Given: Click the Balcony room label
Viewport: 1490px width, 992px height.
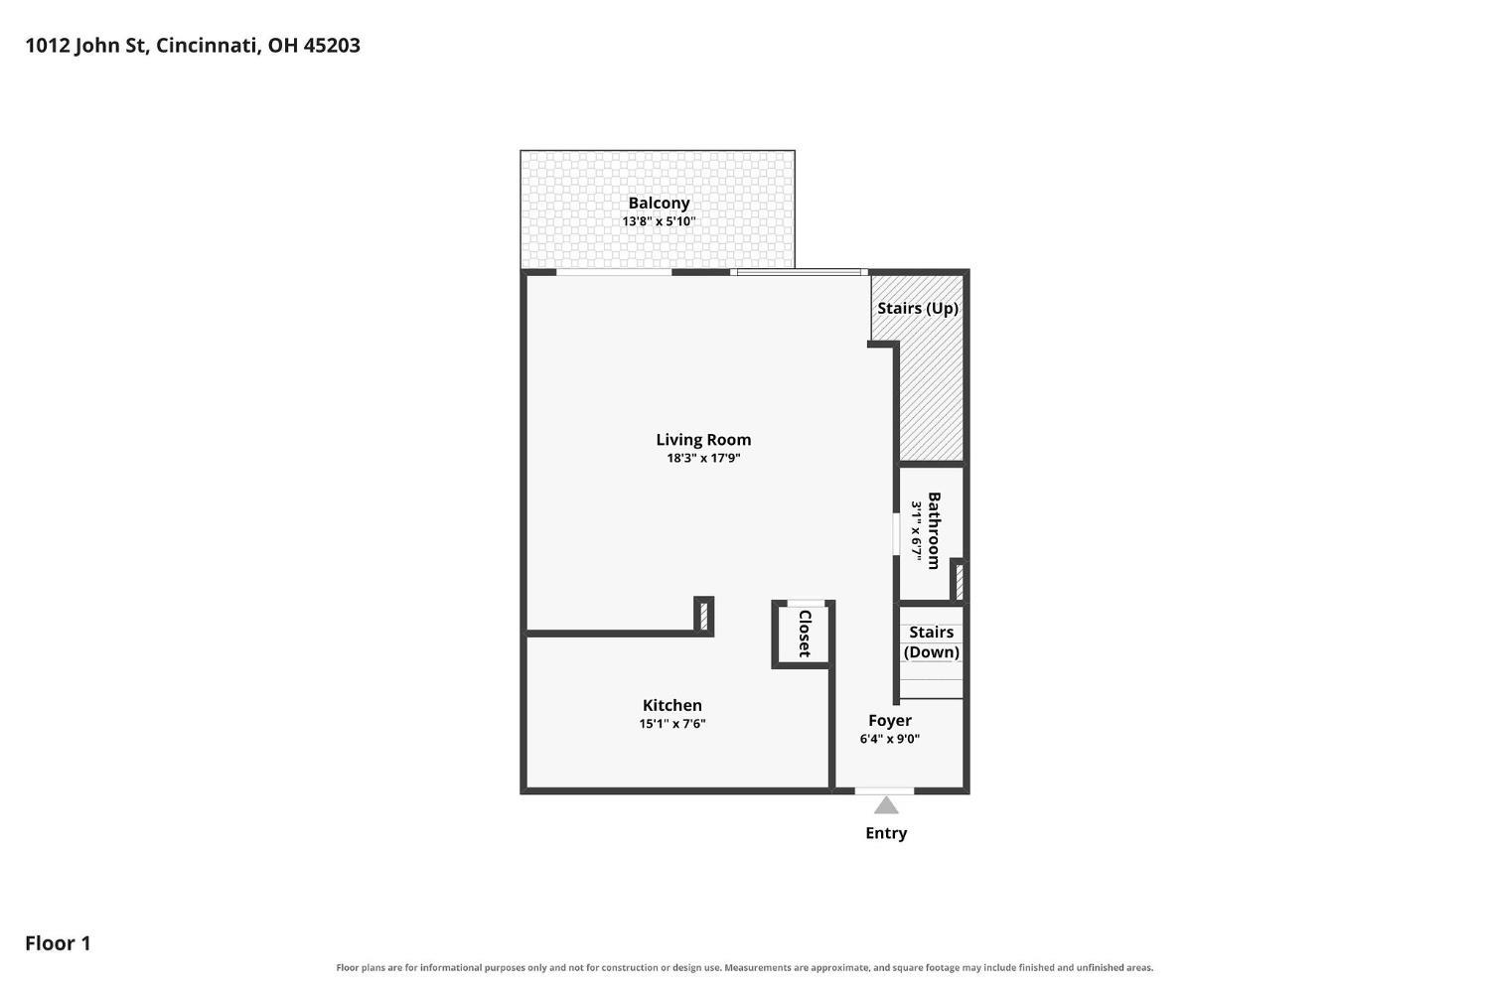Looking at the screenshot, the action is click(x=659, y=203).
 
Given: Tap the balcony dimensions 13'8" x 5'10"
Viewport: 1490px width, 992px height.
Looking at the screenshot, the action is click(x=659, y=221).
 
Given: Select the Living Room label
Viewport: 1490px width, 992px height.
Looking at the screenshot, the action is click(x=703, y=440).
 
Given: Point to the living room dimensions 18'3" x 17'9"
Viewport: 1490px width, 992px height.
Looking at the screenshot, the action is click(x=703, y=458).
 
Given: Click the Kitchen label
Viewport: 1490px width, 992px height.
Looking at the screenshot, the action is click(x=671, y=705).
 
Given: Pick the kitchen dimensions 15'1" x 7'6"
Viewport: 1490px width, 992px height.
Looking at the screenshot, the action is click(x=671, y=723).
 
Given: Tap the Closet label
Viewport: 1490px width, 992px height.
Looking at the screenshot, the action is click(x=805, y=634).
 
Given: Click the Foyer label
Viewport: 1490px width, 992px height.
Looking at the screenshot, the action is click(x=889, y=720).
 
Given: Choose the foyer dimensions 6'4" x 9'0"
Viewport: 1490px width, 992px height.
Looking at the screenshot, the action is click(x=889, y=739).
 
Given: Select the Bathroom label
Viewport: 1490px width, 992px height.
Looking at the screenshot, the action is click(x=934, y=530).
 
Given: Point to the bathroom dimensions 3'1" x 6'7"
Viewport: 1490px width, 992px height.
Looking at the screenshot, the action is click(x=916, y=530).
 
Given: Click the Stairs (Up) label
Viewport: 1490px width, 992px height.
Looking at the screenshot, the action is click(x=917, y=308).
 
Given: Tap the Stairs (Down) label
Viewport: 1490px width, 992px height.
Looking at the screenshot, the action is click(x=932, y=642).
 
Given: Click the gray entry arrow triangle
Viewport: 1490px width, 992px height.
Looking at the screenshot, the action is click(x=886, y=806).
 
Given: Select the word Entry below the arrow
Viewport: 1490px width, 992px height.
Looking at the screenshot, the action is click(x=886, y=833).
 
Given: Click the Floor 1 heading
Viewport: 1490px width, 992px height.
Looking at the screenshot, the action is click(x=58, y=942).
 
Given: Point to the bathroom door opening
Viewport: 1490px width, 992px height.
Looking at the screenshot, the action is click(x=896, y=534).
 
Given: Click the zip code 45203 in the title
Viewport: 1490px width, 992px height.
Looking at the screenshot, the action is click(x=332, y=46).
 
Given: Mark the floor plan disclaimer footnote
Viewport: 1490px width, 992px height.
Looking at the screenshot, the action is click(x=744, y=967).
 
